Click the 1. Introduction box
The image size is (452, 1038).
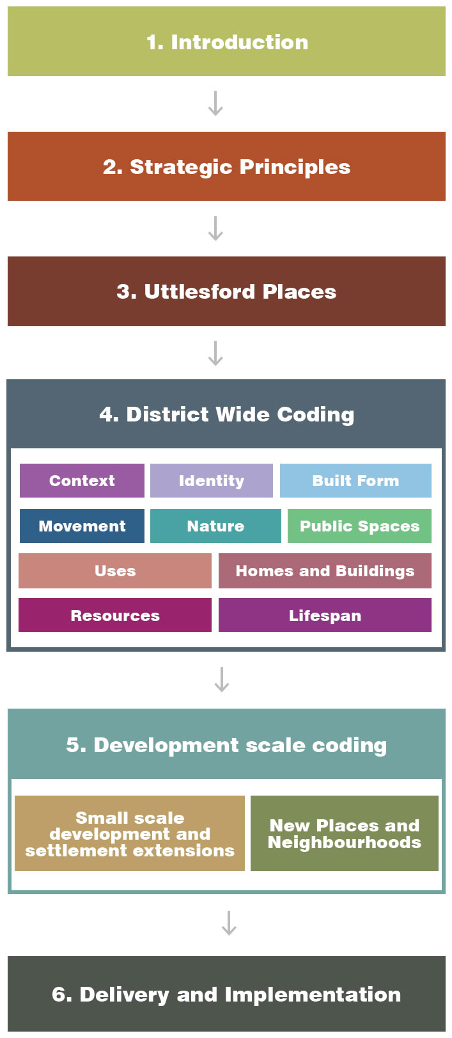[x=226, y=41]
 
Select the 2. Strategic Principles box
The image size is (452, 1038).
[x=226, y=166]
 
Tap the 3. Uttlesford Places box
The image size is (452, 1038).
[x=226, y=291]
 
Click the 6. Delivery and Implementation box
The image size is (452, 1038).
[x=226, y=994]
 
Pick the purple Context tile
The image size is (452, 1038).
[x=82, y=480]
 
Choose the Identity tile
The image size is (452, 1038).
[x=212, y=480]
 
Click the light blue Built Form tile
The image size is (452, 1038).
[x=355, y=480]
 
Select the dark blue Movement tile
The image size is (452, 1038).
[x=82, y=526]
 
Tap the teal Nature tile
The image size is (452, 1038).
[x=215, y=526]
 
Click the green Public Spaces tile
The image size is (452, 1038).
[x=359, y=526]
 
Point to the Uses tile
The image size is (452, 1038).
[x=115, y=570]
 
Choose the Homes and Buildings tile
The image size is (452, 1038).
[x=325, y=570]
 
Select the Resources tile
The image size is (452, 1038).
[x=115, y=615]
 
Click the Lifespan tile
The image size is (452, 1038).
[x=325, y=615]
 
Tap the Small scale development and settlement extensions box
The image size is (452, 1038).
[x=130, y=833]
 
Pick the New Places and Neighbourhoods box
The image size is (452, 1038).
[x=345, y=833]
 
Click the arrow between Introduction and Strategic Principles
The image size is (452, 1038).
[x=215, y=103]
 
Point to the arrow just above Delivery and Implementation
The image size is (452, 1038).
[x=230, y=923]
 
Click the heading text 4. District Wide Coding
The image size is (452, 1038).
[x=226, y=414]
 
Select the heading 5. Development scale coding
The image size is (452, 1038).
[x=226, y=745]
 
